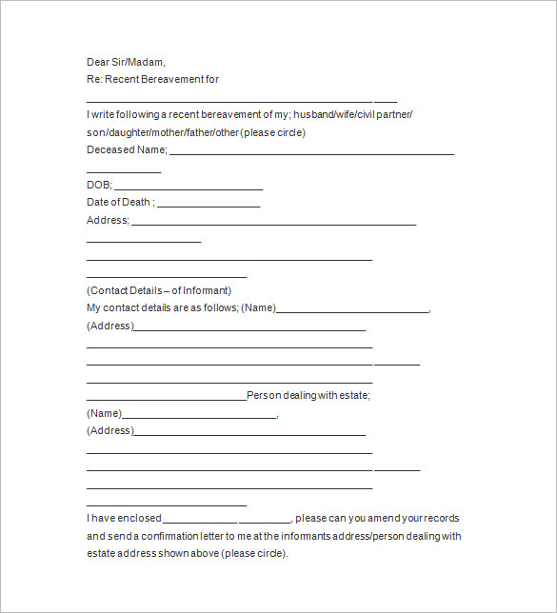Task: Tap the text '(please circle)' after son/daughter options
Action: coord(273,132)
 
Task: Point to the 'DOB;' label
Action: coord(99,185)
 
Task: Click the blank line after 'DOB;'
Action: coord(189,188)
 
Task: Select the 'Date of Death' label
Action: coord(118,202)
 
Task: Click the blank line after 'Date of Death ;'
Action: coord(209,206)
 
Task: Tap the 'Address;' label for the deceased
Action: coord(108,220)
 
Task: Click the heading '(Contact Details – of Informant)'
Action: coord(159,290)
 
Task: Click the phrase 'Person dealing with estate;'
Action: coord(308,395)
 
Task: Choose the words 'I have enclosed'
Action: coord(124,519)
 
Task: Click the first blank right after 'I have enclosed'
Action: coord(200,522)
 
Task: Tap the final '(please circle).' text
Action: coord(252,553)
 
